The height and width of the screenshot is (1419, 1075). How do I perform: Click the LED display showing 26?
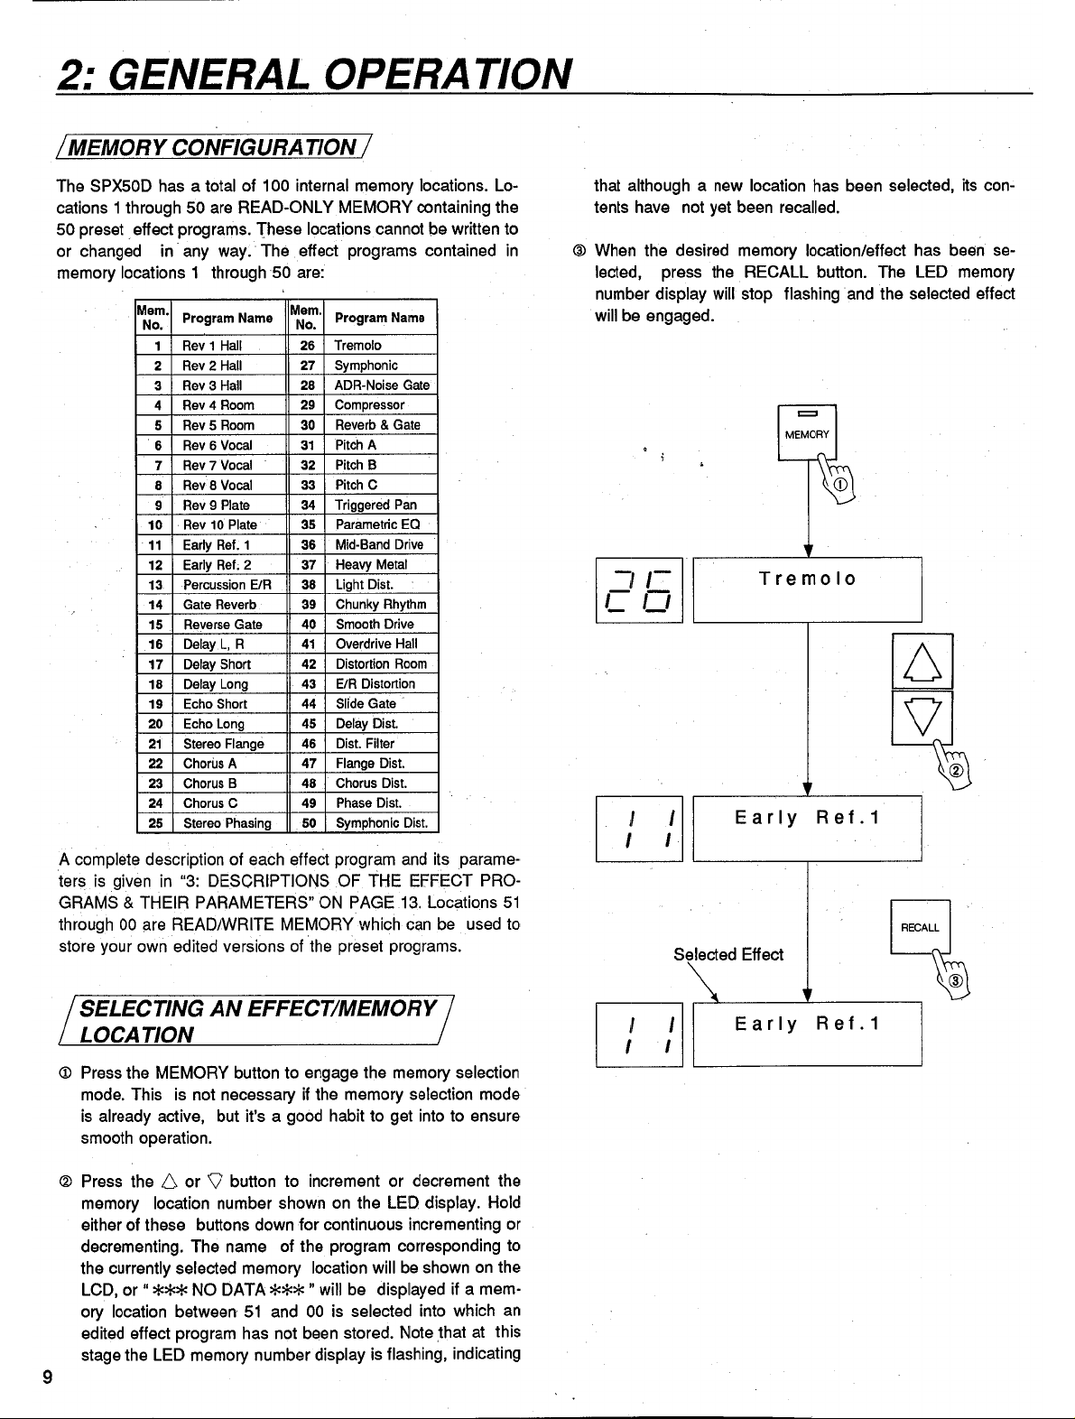pyautogui.click(x=639, y=590)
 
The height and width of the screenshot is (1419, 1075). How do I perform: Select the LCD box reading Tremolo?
pyautogui.click(x=807, y=589)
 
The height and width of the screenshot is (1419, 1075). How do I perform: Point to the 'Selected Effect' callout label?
pyautogui.click(x=728, y=954)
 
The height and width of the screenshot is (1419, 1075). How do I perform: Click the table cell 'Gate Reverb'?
pyautogui.click(x=219, y=605)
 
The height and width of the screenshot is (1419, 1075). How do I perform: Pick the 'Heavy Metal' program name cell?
pyautogui.click(x=371, y=565)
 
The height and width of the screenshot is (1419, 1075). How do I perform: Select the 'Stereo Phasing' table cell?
pyautogui.click(x=227, y=823)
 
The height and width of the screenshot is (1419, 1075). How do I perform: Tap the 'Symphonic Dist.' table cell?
pyautogui.click(x=380, y=823)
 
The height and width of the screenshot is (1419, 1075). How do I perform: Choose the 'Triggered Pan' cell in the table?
pyautogui.click(x=375, y=505)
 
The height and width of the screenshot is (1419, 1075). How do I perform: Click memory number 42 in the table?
pyautogui.click(x=309, y=664)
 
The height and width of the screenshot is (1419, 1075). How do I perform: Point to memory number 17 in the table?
pyautogui.click(x=155, y=664)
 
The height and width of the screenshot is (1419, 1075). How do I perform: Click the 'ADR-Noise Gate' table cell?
pyautogui.click(x=382, y=385)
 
